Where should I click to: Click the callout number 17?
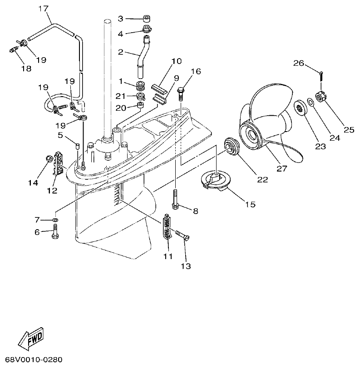43,8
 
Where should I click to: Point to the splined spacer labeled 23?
301,108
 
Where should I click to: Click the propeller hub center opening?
252,134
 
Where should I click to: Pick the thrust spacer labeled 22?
234,147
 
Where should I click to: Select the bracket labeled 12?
58,163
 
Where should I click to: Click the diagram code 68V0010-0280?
31,359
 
